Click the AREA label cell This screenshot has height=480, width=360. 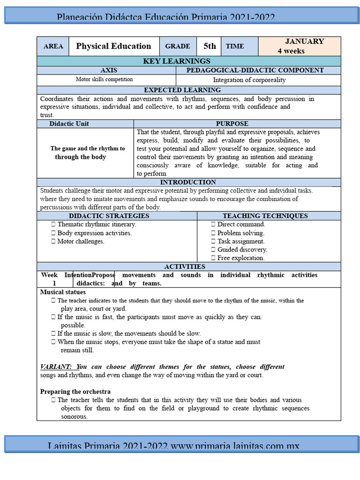(53, 46)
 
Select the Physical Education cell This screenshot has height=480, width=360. (113, 46)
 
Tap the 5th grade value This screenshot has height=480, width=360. (210, 46)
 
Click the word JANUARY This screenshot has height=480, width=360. (305, 41)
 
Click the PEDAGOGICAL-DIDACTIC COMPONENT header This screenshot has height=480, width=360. (255, 70)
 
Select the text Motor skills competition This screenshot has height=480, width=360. (104, 80)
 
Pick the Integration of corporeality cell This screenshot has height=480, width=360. (249, 80)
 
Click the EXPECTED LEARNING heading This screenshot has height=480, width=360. (182, 90)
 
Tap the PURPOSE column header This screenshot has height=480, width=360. (232, 124)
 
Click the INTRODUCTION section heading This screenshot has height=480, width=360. (188, 182)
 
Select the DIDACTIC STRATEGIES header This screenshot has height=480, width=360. (109, 216)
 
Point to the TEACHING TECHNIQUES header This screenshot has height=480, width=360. (265, 216)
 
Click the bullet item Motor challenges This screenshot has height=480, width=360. (80, 241)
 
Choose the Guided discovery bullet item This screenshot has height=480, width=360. (241, 250)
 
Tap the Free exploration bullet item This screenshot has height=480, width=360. (240, 258)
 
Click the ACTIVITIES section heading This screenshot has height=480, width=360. (184, 267)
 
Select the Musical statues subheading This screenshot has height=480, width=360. (63, 292)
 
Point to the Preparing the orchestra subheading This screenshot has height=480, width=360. (75, 391)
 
